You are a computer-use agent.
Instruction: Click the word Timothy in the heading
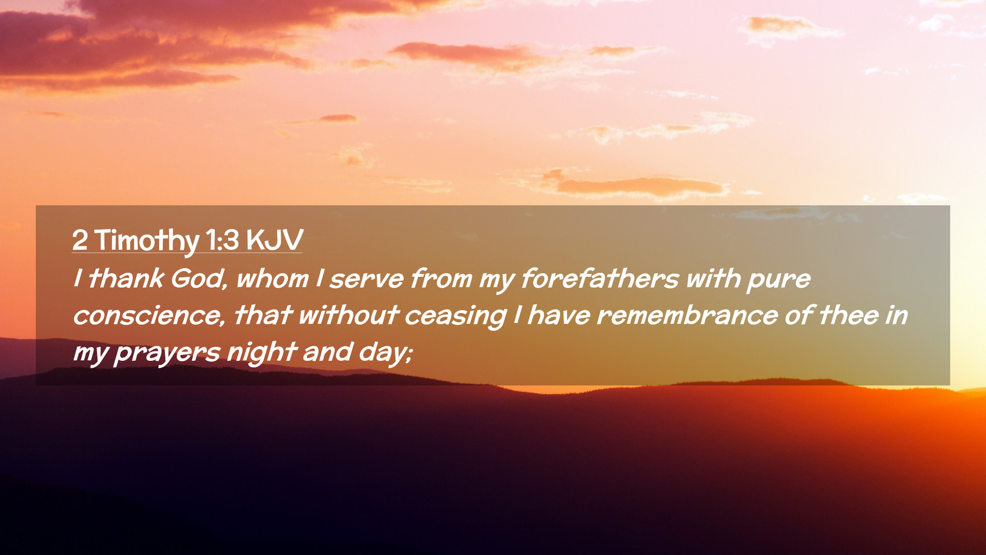coord(147,240)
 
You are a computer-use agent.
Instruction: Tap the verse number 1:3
coord(222,239)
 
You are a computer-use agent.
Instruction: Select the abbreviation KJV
coord(275,239)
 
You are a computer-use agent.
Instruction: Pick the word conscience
coord(149,316)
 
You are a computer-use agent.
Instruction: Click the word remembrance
coord(687,316)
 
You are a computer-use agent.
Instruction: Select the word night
coord(262,353)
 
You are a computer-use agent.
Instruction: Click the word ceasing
coord(456,316)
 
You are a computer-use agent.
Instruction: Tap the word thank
coord(126,279)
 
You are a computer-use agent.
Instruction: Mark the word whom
coord(272,279)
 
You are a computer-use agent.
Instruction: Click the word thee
coord(849,316)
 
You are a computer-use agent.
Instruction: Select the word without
coord(349,316)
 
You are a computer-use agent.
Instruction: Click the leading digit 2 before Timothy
coord(80,240)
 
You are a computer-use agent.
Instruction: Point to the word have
coord(559,316)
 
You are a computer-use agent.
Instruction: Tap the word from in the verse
coord(441,279)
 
